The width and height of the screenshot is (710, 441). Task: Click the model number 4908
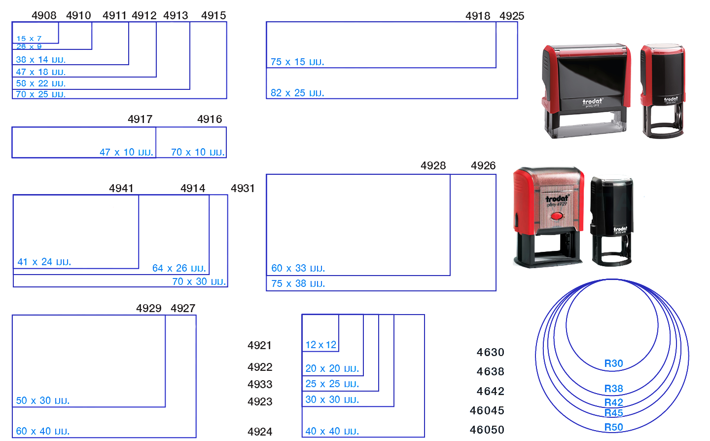44,15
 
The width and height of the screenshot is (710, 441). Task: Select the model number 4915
213,15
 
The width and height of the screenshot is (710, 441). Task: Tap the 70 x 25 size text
40,94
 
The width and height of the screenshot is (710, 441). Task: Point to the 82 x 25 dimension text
297,93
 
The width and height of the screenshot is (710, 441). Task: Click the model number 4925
512,16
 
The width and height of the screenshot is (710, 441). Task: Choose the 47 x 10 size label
126,152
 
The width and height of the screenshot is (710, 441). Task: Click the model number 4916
210,119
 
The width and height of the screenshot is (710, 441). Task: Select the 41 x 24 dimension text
44,262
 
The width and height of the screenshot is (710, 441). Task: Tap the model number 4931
243,188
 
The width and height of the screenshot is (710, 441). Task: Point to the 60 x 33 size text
298,268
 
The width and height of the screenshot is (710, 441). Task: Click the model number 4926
483,165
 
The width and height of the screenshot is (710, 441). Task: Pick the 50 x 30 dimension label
42,401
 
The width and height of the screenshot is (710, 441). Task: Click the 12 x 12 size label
321,345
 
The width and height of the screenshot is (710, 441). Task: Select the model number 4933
260,384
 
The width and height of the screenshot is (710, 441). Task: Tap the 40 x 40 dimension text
332,431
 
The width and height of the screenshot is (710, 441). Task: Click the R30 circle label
614,363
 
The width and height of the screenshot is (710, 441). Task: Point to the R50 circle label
614,427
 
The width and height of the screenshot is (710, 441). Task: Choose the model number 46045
487,410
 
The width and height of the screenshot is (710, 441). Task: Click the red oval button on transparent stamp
557,216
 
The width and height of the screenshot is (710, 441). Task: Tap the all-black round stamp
612,220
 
